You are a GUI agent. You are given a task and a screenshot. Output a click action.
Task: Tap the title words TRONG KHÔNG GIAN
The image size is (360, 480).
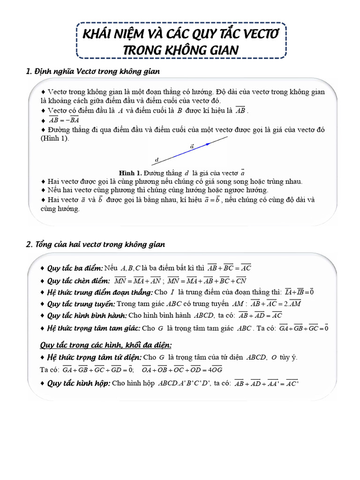(180, 50)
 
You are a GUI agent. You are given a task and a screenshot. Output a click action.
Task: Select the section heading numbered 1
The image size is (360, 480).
(93, 71)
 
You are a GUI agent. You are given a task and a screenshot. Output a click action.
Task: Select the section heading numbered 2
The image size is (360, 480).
(96, 245)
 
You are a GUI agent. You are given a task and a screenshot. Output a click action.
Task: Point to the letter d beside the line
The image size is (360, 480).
(157, 160)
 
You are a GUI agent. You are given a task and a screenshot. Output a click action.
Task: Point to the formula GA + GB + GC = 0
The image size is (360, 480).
(304, 328)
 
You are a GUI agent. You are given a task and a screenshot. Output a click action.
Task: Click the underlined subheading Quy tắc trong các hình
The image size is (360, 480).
(105, 345)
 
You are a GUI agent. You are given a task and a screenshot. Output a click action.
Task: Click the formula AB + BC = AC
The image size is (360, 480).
(230, 268)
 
